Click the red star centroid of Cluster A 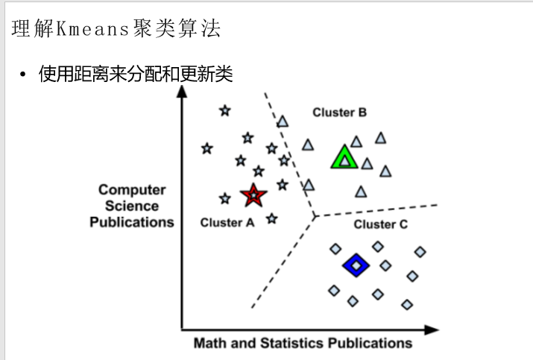click(253, 195)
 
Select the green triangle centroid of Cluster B click(344, 158)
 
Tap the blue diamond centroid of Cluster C click(356, 265)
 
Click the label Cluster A click(227, 222)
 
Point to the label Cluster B click(339, 113)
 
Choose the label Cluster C click(380, 224)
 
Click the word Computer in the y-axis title click(132, 190)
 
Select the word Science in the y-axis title click(132, 206)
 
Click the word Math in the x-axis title click(209, 344)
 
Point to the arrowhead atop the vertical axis click(182, 92)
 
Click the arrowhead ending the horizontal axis click(432, 329)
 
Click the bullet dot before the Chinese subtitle click(23, 75)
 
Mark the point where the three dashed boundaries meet click(315, 216)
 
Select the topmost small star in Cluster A click(225, 111)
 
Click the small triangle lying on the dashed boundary click(283, 121)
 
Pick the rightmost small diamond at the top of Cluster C click(420, 252)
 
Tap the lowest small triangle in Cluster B click(362, 192)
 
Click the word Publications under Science click(132, 222)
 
